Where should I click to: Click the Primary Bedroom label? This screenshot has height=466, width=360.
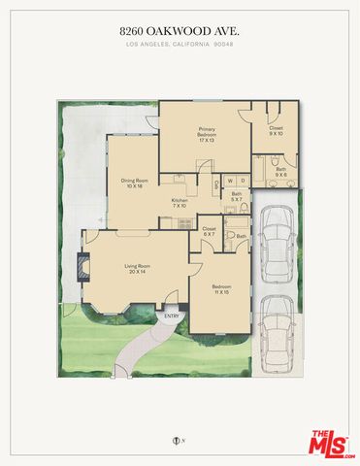click(x=207, y=133)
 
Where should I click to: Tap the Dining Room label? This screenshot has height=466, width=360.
click(x=134, y=183)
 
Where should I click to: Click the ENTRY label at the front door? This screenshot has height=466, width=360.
click(x=172, y=316)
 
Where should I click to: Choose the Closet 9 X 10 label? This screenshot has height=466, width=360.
click(x=276, y=130)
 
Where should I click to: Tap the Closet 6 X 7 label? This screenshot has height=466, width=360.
click(x=208, y=231)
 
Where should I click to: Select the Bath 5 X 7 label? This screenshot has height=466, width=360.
click(x=236, y=197)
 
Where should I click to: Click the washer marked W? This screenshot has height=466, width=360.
click(x=230, y=180)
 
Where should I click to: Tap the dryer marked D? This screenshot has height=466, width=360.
click(x=244, y=180)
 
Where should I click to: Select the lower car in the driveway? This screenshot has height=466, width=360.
click(x=278, y=330)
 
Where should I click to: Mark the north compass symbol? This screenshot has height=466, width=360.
click(x=177, y=443)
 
